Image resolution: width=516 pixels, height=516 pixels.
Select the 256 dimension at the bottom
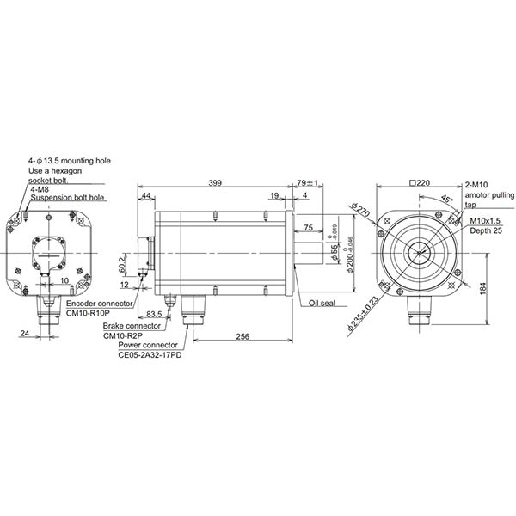243,337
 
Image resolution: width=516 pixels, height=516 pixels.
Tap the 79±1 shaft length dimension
307,183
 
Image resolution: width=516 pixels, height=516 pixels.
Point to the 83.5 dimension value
155,315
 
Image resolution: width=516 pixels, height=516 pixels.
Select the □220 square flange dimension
421,183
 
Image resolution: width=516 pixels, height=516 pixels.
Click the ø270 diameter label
359,212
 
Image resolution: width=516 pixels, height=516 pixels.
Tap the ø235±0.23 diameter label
359,313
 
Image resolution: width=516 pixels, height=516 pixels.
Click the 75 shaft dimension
308,228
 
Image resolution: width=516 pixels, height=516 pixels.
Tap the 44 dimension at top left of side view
146,197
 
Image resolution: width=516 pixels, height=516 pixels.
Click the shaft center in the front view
421,253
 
